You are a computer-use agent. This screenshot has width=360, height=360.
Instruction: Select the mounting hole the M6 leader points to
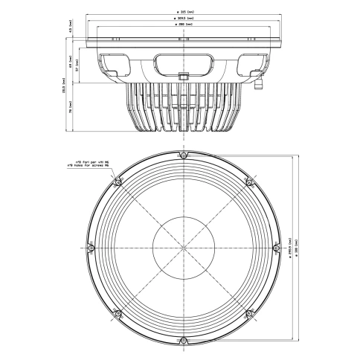116,181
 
